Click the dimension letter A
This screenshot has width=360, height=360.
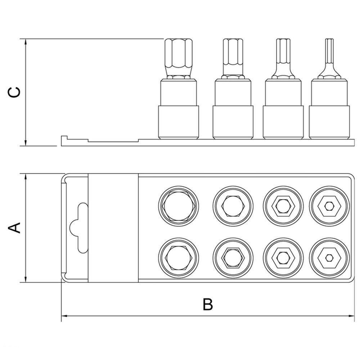[x=14, y=228]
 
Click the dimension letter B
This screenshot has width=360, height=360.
[x=208, y=304]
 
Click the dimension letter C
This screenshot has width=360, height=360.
[x=14, y=92]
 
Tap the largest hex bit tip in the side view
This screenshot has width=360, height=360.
[x=179, y=59]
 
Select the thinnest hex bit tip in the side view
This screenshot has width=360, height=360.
[x=329, y=59]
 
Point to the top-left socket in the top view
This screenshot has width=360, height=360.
[x=179, y=206]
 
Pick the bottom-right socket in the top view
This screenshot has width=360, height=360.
[x=329, y=258]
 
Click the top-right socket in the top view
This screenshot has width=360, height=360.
[x=329, y=206]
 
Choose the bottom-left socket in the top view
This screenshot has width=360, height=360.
[x=179, y=258]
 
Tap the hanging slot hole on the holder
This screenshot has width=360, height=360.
[x=79, y=228]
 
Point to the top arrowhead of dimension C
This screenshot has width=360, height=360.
[x=26, y=42]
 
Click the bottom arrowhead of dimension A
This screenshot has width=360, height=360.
[x=26, y=279]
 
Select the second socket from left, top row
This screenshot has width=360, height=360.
[x=233, y=206]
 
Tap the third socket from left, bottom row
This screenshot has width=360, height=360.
[x=283, y=258]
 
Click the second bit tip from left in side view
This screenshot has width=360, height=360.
[x=233, y=59]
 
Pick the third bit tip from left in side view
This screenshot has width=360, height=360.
[x=283, y=59]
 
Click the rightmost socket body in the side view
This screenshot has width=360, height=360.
[x=329, y=109]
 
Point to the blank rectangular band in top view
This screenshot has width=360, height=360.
[x=113, y=228]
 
